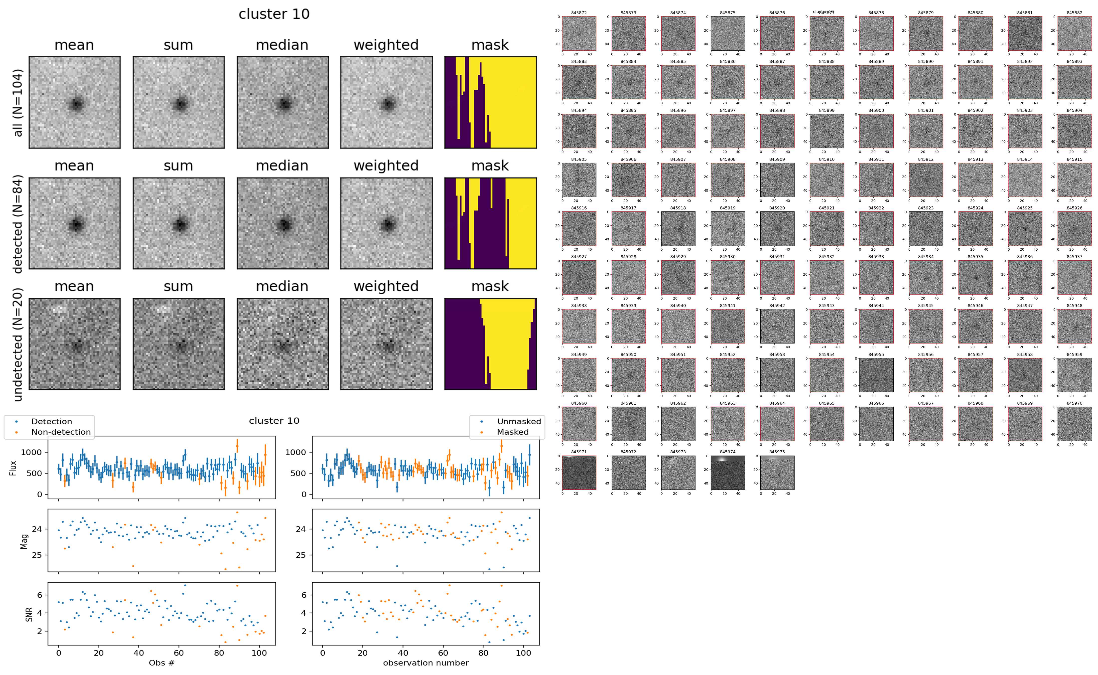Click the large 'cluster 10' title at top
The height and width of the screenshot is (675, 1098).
tap(274, 14)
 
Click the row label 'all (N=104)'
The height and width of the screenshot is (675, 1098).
tap(18, 103)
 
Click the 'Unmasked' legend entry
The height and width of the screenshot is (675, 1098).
tap(519, 421)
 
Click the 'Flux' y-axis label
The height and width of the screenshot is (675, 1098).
tap(13, 468)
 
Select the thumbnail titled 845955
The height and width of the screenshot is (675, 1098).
tap(876, 375)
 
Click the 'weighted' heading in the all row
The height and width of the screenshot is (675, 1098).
tap(386, 45)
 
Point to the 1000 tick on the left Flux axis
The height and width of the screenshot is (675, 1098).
tap(31, 452)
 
